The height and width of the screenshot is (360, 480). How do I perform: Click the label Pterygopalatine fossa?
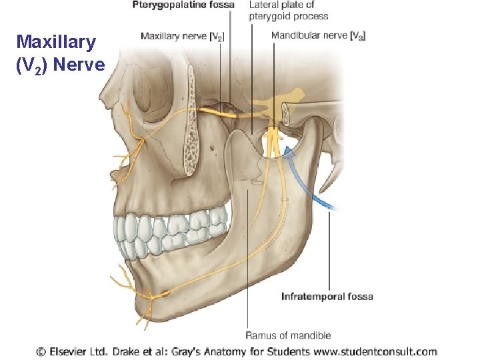183,5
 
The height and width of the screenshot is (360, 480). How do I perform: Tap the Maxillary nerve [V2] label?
182,35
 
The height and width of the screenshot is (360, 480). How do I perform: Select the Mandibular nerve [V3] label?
318,35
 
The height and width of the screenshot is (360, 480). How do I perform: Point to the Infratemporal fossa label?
327,296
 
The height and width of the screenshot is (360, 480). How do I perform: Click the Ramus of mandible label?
288,335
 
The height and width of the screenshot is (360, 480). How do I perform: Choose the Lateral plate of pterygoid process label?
288,11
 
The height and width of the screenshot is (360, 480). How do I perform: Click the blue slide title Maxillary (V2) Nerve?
60,53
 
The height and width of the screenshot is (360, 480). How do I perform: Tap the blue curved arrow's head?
289,151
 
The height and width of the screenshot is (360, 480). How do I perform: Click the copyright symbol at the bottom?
41,351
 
